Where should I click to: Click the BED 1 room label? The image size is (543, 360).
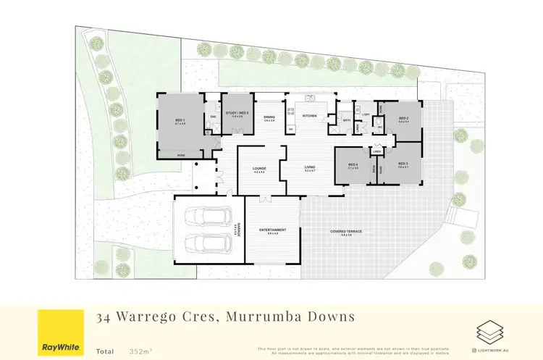pos(180,121)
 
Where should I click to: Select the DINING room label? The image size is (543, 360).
pos(269,117)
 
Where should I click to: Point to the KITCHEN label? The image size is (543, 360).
pos(309,116)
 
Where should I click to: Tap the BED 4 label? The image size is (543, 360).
pos(353,165)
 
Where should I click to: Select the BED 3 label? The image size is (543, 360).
pos(403,164)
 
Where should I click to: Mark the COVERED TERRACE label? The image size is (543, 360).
pos(346,231)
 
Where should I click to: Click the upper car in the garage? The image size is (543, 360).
pos(208,216)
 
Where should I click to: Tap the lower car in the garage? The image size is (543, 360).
pos(208,244)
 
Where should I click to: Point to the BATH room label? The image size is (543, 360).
pos(346,120)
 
